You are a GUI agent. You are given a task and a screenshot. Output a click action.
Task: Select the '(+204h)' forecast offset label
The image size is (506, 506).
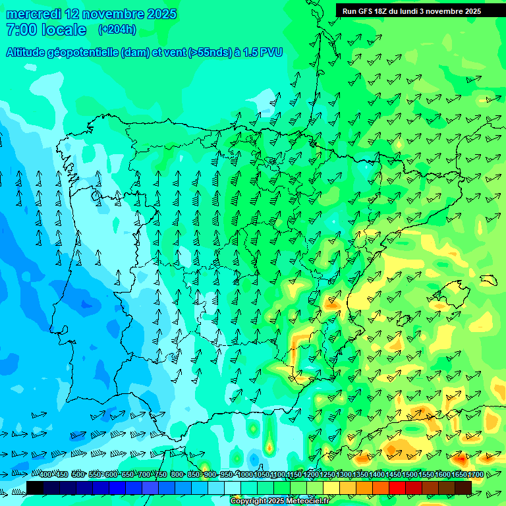117,30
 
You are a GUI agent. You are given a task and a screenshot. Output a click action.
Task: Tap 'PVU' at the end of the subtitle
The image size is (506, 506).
271,53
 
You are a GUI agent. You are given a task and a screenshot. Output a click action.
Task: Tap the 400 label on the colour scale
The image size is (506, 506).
45,475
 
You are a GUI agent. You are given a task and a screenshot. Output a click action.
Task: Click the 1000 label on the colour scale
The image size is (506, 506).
245,475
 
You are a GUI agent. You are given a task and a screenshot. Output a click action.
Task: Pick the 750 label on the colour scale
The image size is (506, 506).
160,475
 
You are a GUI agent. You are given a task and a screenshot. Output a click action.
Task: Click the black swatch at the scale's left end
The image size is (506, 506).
35,487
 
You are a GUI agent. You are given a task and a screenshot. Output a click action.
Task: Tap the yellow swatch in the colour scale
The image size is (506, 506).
331,487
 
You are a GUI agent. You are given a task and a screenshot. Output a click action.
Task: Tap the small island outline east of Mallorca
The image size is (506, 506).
488,279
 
